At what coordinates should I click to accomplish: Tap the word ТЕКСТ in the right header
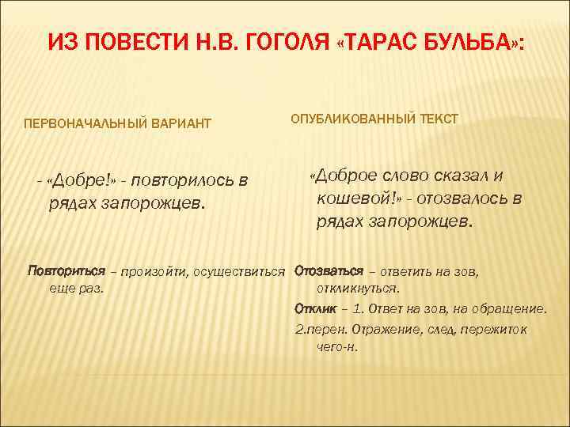pos(437,119)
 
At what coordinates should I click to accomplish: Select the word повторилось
pos(184,181)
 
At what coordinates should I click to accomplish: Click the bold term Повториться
pos(66,272)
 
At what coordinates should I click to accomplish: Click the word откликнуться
pos(357,289)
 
